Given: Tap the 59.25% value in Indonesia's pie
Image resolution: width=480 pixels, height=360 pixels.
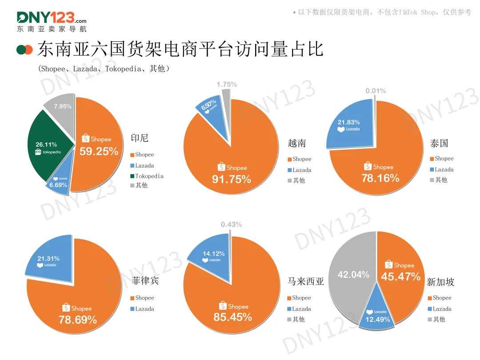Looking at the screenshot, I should pos(99,152).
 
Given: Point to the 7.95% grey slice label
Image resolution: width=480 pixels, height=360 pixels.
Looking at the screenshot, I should pos(63,106).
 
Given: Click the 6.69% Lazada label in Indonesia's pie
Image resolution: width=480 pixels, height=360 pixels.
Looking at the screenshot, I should pos(58,185).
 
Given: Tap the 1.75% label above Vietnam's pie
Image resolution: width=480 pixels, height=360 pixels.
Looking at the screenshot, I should pos(227,84).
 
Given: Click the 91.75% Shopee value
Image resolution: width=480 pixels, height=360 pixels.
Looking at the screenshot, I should pos(231,180).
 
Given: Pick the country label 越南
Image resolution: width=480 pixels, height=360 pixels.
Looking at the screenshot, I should pos(297,143).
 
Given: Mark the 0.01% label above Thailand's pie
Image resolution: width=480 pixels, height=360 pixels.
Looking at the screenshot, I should pos(376,91).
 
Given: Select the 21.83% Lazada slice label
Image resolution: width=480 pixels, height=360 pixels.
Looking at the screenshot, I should pos(349,122).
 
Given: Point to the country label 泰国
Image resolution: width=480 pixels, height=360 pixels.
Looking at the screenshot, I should pos(439,143).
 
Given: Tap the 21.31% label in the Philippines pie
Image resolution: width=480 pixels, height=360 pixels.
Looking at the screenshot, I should pos(48,258).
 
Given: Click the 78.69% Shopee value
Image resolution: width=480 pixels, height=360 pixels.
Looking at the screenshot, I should pos(78,319).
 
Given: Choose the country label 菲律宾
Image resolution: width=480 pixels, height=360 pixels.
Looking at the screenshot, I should pos(145,281).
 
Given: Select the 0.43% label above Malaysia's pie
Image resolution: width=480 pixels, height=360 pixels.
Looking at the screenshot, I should pos(231,225).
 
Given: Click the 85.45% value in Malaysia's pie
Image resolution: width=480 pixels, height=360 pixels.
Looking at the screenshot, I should pos(233,317).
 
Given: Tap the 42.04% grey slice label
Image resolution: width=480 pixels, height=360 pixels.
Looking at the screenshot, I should pos(353,275).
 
